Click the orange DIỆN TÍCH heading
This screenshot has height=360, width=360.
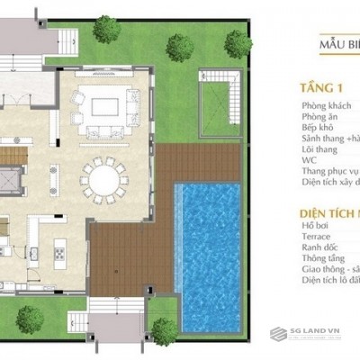tap(329, 213)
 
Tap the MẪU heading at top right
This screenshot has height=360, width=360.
tap(335, 42)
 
